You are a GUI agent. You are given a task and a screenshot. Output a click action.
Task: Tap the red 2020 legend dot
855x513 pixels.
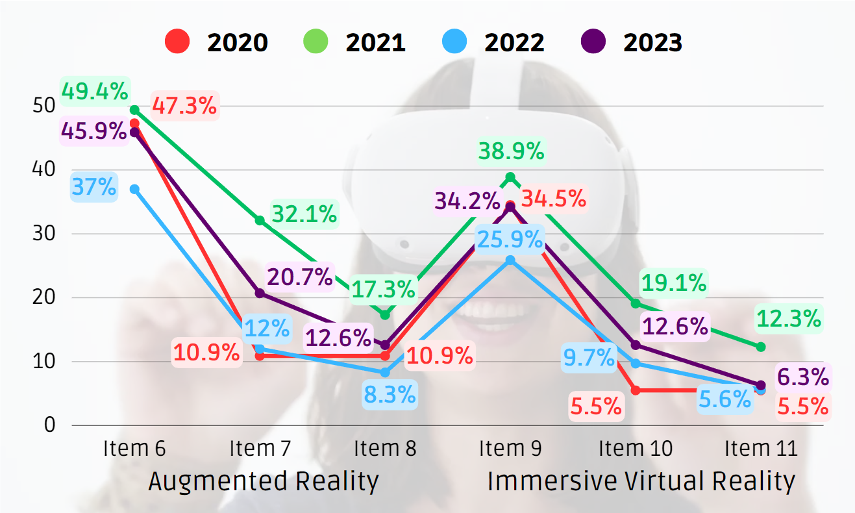click(x=177, y=43)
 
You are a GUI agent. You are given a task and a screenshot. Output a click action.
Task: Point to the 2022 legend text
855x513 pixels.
click(x=514, y=43)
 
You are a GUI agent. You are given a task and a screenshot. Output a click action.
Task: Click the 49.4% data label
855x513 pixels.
click(x=94, y=92)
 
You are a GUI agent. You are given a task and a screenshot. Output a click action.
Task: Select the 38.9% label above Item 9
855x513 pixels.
click(x=511, y=151)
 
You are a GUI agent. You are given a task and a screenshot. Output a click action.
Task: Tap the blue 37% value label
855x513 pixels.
click(x=94, y=188)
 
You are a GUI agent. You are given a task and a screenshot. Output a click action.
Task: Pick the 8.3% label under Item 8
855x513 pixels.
click(x=390, y=394)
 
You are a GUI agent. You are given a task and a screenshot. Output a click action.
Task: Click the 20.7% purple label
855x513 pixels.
click(x=300, y=277)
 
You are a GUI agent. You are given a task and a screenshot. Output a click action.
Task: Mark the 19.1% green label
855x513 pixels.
click(x=673, y=282)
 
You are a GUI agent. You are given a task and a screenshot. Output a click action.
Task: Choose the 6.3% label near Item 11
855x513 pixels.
click(x=802, y=376)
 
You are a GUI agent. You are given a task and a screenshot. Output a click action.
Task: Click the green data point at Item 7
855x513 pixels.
click(x=260, y=221)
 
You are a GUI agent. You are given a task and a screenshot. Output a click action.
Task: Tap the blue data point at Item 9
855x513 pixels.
click(x=510, y=260)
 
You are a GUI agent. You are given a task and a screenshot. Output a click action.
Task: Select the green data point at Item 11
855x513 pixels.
click(x=761, y=347)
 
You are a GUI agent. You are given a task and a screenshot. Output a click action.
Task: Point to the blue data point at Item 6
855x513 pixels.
click(x=134, y=189)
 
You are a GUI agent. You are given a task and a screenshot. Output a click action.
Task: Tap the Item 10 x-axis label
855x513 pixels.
click(x=636, y=448)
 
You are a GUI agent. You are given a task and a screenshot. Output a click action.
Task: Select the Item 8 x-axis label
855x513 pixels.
click(x=385, y=448)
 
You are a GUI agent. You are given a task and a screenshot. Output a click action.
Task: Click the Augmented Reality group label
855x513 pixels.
click(x=263, y=482)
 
